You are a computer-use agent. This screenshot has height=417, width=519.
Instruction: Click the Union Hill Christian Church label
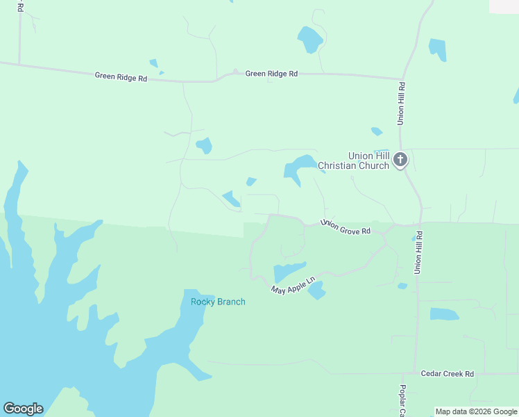pyautogui.click(x=355, y=161)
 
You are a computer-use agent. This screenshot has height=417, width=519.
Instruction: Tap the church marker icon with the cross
pyautogui.click(x=400, y=161)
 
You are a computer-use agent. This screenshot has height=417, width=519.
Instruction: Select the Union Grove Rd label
pyautogui.click(x=345, y=227)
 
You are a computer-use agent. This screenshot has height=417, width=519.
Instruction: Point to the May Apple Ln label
pyautogui.click(x=293, y=284)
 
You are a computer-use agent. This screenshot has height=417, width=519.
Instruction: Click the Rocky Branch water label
pyautogui.click(x=218, y=302)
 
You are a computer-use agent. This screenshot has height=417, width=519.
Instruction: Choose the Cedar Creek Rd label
pyautogui.click(x=447, y=374)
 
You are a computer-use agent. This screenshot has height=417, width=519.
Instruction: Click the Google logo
pyautogui.click(x=23, y=409)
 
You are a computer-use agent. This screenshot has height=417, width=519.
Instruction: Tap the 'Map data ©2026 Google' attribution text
pyautogui.click(x=477, y=411)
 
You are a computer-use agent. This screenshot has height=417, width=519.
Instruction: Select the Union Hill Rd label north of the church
pyautogui.click(x=401, y=104)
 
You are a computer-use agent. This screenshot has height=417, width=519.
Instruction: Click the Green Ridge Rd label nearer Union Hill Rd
pyautogui.click(x=271, y=73)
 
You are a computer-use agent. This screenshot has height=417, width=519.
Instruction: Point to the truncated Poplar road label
pyautogui.click(x=402, y=401)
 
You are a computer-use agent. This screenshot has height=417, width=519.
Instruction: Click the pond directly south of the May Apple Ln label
pyautogui.click(x=316, y=291)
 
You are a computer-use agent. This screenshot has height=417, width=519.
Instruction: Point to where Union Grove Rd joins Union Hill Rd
pyautogui.click(x=420, y=224)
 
